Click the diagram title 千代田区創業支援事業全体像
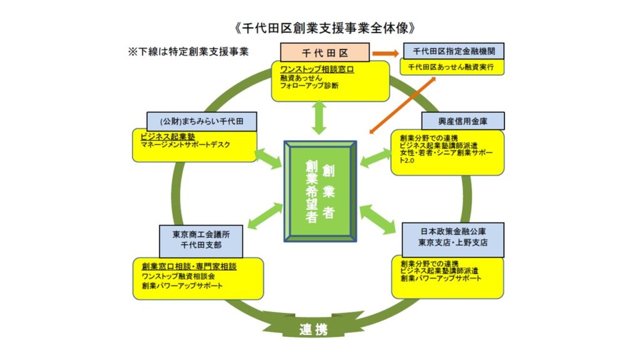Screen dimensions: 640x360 click(325, 27)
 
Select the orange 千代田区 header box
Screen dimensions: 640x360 click(325, 52)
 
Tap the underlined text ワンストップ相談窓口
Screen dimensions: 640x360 click(317, 69)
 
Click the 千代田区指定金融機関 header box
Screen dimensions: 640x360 click(454, 51)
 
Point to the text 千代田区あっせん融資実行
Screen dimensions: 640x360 click(451, 67)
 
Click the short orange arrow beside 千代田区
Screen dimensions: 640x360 click(385, 53)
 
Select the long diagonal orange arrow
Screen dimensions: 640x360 click(402, 105)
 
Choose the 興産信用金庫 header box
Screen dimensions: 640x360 click(463, 121)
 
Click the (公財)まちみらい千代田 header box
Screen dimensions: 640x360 click(202, 121)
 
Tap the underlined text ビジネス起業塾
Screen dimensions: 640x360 click(167, 137)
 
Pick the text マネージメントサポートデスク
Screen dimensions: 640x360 click(185, 144)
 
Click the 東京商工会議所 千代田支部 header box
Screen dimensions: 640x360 click(201, 241)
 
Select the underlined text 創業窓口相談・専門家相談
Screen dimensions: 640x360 click(189, 266)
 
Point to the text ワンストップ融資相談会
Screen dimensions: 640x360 click(178, 276)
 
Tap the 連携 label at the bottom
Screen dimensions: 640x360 click(314, 329)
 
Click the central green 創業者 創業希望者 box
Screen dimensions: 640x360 click(321, 191)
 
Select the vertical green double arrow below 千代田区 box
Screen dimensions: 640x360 click(319, 118)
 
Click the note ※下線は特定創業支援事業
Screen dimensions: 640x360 click(188, 51)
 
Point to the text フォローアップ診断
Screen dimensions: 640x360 click(309, 86)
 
